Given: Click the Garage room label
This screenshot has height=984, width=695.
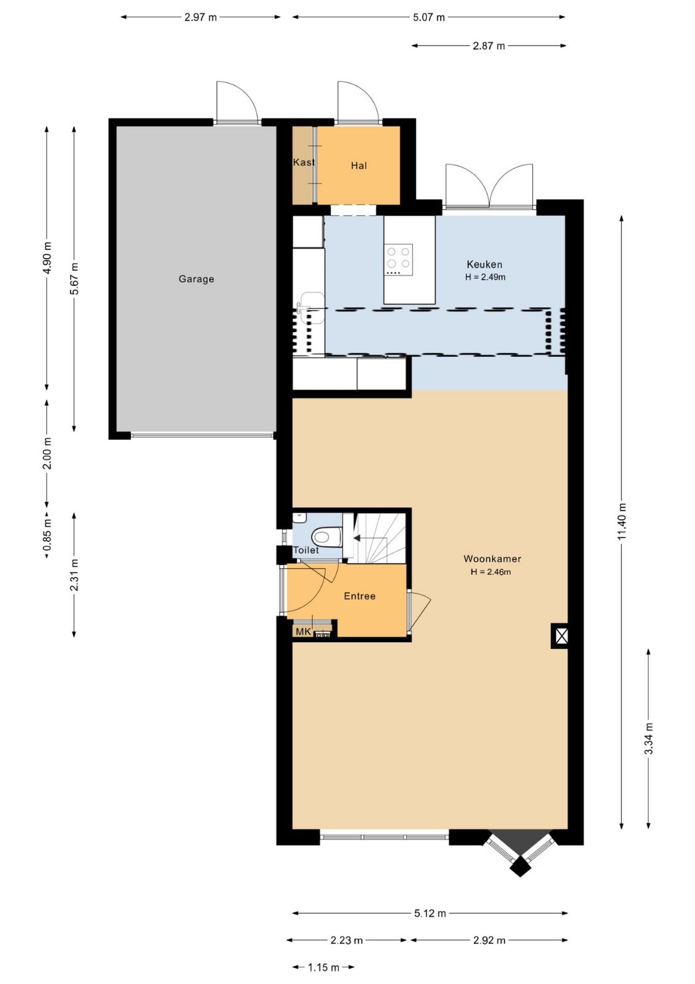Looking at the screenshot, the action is click(x=196, y=279).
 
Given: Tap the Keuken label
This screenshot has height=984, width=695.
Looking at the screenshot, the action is click(x=484, y=264).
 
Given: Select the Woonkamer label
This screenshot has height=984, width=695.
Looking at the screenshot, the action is click(x=492, y=559).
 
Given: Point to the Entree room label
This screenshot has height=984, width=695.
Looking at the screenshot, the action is click(x=359, y=596).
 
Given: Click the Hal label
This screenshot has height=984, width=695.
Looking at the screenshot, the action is click(x=359, y=165).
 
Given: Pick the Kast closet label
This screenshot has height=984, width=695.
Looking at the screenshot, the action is click(x=304, y=162).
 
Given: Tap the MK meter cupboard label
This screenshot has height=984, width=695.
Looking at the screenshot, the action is click(x=304, y=632).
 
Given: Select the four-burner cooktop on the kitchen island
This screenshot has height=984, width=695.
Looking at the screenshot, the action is click(x=399, y=260).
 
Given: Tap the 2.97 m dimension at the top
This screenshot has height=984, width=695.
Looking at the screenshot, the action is click(x=200, y=18).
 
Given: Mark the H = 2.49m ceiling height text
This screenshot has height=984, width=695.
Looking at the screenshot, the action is click(x=485, y=277).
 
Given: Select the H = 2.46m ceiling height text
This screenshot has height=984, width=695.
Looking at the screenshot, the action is click(x=490, y=572).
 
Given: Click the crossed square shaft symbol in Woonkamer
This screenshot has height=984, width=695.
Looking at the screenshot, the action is click(x=560, y=636).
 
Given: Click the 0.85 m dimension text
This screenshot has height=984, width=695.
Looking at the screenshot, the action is click(x=47, y=534).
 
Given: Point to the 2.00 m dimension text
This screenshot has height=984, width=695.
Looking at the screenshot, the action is click(x=47, y=453).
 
